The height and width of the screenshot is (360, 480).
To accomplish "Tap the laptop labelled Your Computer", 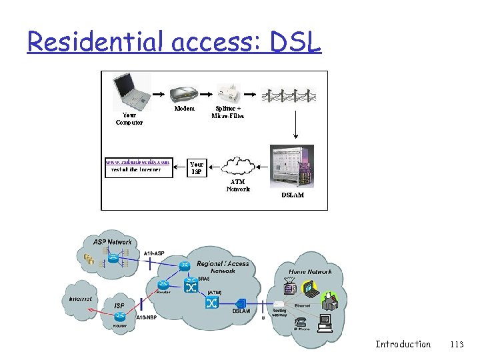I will [x=131, y=92].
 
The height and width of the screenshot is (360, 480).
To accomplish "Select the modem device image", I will [x=184, y=94].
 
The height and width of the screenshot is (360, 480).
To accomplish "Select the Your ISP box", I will [x=197, y=167].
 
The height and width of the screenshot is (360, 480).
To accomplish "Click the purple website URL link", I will [x=138, y=161].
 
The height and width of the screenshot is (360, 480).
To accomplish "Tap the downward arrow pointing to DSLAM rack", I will [x=295, y=126].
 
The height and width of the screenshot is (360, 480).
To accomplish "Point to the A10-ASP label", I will [x=154, y=253].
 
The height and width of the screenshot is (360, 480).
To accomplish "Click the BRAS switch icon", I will [x=191, y=288].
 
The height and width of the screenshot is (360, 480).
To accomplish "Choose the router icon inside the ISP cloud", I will [x=119, y=306].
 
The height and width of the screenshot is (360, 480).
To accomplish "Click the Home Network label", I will [x=310, y=272].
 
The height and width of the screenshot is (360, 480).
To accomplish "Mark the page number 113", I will [x=457, y=344].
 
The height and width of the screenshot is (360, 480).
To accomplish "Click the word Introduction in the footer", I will [x=403, y=344].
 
